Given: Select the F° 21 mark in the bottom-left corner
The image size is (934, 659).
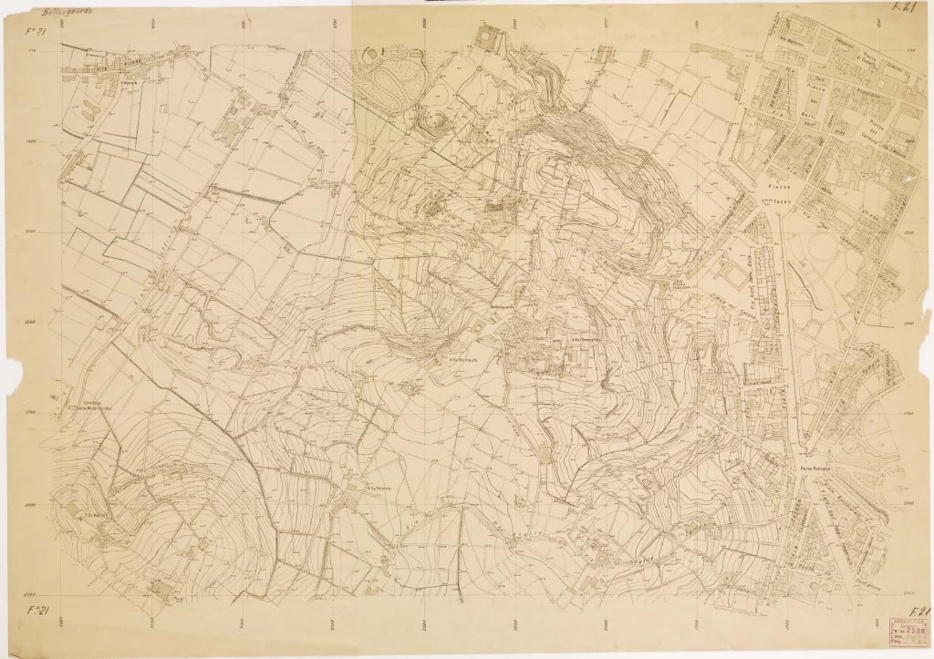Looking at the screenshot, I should click(x=37, y=609).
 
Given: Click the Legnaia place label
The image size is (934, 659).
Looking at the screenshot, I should click(x=109, y=83).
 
